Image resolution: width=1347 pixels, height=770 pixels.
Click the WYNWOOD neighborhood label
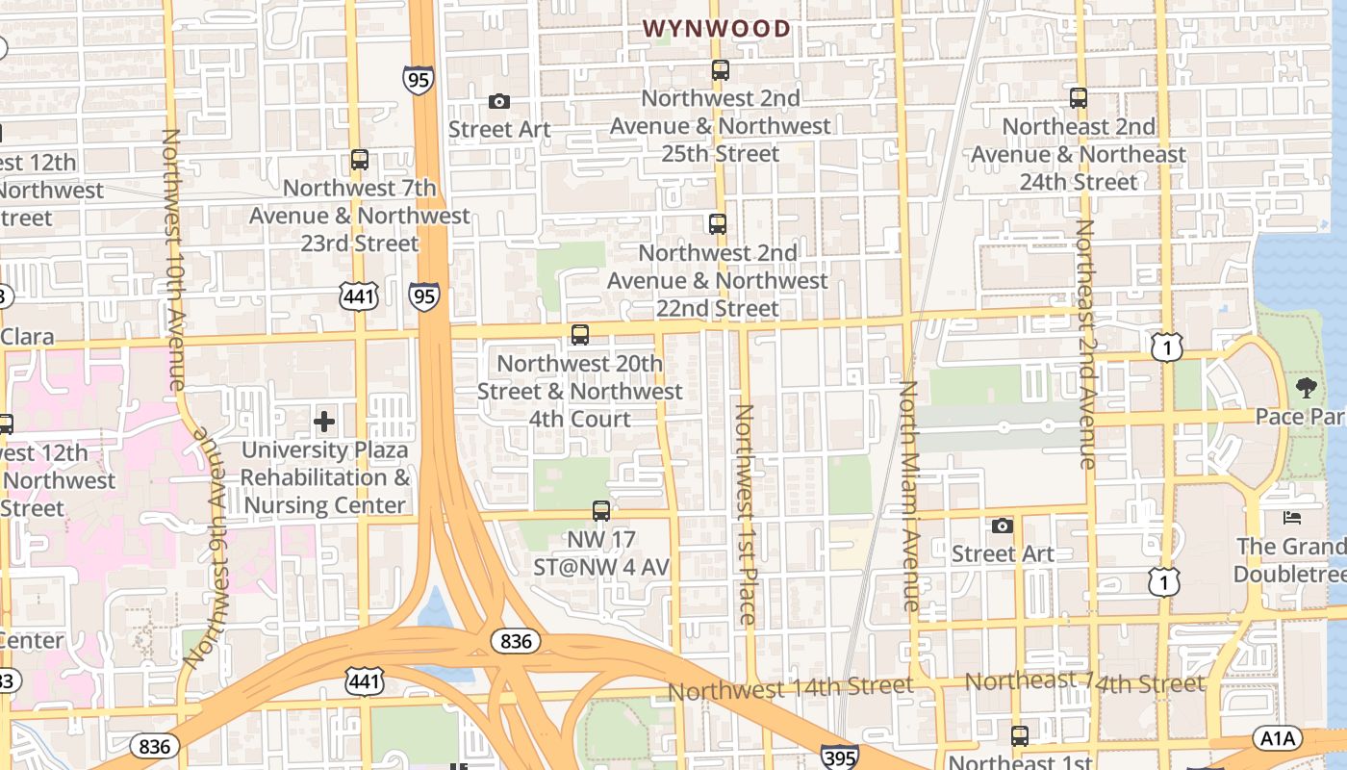pos(717,29)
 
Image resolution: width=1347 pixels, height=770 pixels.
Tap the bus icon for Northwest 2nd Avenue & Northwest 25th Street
pos(721,69)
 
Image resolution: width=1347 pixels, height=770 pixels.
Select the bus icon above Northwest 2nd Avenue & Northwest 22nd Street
pos(718,224)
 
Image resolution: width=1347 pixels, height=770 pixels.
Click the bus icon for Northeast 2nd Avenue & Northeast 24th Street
pos(1079,97)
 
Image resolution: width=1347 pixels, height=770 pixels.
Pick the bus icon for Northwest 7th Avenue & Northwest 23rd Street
pos(360,160)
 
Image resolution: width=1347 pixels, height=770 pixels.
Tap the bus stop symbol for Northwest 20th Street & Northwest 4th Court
pos(580,335)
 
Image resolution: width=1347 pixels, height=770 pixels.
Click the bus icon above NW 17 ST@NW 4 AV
pos(601,511)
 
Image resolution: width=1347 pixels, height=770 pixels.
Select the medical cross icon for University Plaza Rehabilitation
pos(324,422)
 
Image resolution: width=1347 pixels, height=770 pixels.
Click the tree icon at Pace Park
pos(1306,388)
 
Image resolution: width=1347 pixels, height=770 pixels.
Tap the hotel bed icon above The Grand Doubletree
pos(1292,518)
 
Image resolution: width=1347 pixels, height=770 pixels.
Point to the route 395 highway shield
pos(839,757)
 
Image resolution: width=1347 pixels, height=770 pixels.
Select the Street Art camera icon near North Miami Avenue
pos(1003,526)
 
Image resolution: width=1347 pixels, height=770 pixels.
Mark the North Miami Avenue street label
pos(910,496)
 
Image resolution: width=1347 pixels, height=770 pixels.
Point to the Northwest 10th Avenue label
pos(173,260)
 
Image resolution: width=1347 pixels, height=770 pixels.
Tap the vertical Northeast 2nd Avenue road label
pos(1086,345)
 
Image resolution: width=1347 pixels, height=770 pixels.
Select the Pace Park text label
pos(1299,417)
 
